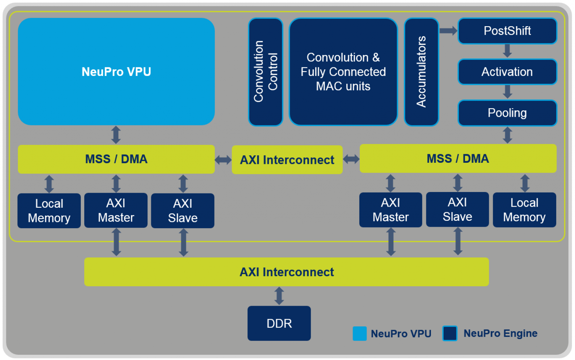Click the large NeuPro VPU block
116,71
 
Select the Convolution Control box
265,72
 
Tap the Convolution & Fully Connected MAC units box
343,72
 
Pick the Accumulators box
421,72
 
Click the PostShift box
507,31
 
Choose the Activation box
507,72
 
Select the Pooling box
507,113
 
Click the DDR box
279,323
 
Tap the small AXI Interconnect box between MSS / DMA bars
287,160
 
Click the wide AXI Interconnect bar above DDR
286,272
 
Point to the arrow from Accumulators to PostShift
448,31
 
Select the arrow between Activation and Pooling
507,92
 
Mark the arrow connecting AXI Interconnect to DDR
279,296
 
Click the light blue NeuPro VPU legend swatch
359,333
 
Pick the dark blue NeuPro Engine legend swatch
450,333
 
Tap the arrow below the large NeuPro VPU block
116,135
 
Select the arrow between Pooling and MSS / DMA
507,135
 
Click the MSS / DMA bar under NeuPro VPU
116,159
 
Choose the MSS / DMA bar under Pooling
458,159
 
